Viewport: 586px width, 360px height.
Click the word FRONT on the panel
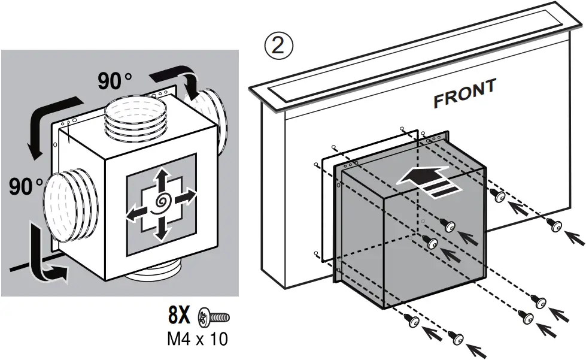464,93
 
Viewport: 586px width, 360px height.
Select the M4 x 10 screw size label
197,340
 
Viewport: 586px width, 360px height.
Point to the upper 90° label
114,81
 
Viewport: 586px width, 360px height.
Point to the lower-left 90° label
25,187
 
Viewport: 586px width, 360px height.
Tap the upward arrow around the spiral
160,179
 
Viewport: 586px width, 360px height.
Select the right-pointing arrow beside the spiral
186,195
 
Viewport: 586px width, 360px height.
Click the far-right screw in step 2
555,225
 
